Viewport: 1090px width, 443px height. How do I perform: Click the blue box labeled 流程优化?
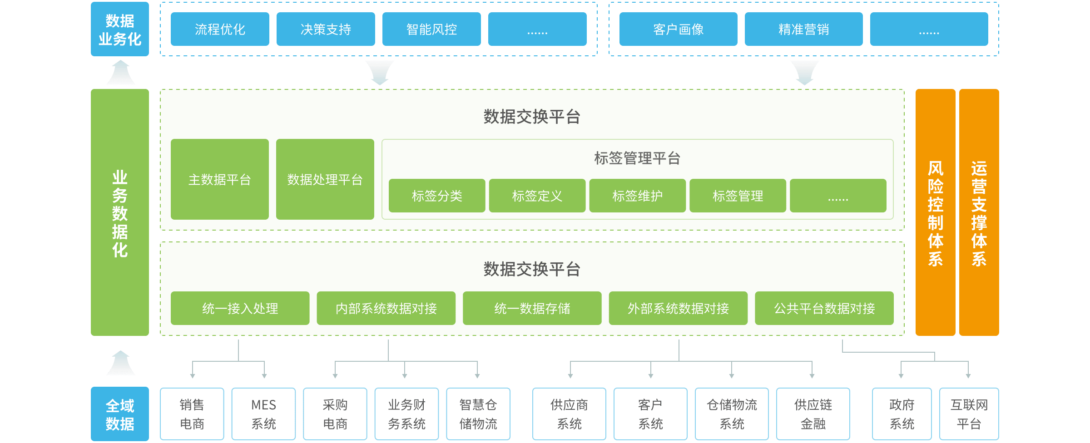click(x=220, y=29)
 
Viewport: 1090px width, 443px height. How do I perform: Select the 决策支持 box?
click(x=326, y=29)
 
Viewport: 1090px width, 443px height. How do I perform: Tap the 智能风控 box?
click(x=431, y=29)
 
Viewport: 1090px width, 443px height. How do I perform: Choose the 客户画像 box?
click(x=678, y=29)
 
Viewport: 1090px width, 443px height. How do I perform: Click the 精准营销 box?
click(x=803, y=29)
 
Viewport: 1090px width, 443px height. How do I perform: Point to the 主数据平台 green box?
click(x=220, y=179)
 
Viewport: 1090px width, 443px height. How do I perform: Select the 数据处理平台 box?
click(x=325, y=179)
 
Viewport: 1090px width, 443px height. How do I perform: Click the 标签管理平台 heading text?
click(x=637, y=158)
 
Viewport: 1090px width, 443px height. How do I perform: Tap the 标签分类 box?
click(x=437, y=196)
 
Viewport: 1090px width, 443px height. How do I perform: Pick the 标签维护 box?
click(x=637, y=196)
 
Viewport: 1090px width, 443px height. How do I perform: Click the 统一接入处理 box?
click(x=240, y=308)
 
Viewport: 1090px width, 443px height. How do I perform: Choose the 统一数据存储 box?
click(x=532, y=308)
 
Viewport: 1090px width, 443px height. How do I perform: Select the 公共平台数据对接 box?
click(x=824, y=308)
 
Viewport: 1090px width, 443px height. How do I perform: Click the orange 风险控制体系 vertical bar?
click(x=935, y=212)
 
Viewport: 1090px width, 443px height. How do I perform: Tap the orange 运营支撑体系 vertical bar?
click(x=979, y=212)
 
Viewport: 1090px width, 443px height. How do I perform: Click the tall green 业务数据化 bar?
click(x=120, y=212)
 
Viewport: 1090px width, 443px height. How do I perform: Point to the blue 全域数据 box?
click(x=120, y=414)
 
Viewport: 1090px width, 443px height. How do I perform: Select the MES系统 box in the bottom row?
click(x=263, y=414)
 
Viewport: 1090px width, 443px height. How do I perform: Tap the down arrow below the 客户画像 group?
click(x=804, y=73)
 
